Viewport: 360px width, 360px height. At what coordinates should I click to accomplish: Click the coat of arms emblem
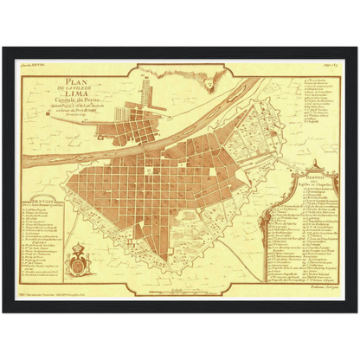coord(84,260)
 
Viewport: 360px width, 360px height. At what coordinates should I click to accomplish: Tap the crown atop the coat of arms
coord(84,250)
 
